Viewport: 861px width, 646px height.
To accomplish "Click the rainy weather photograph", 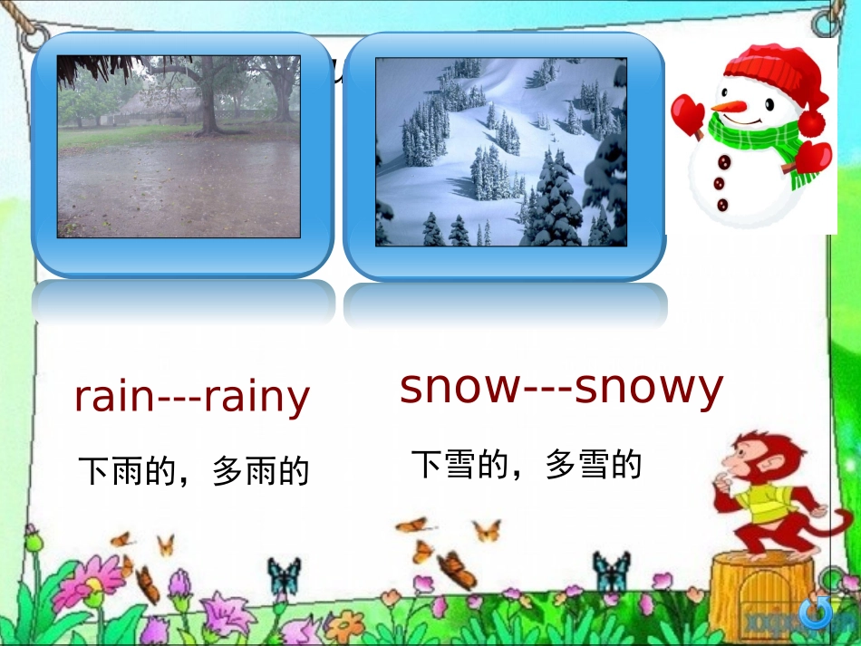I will [179, 147].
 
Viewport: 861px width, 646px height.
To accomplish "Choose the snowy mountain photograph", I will [501, 152].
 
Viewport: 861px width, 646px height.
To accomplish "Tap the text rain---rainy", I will [191, 397].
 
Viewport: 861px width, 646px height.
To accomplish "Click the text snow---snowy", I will [561, 388].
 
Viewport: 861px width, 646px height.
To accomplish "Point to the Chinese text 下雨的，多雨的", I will [194, 471].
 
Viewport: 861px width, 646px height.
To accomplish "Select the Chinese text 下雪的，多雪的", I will [527, 465].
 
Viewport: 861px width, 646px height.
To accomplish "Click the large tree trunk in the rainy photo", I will [208, 100].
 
